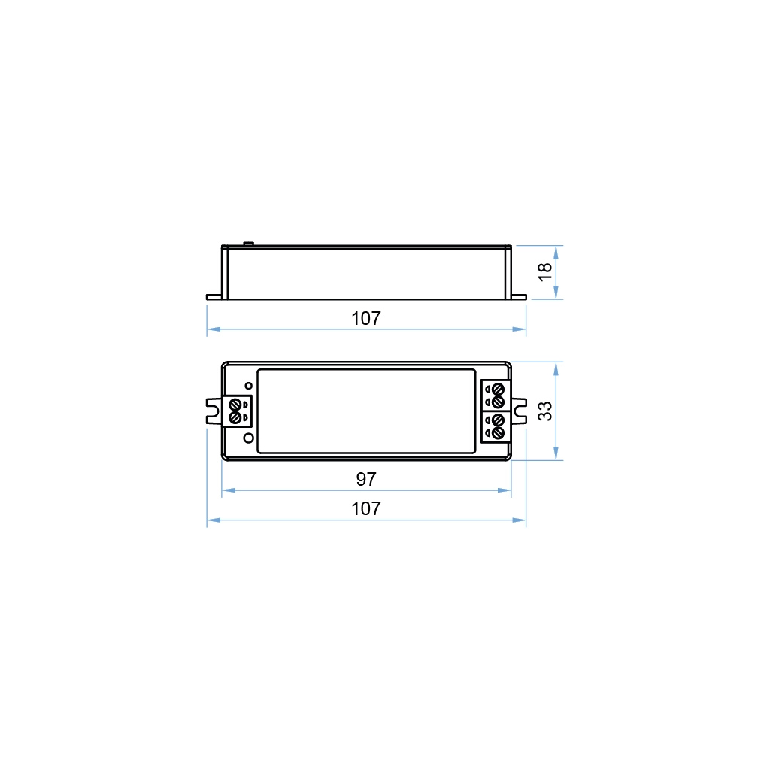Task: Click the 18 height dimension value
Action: pos(547,271)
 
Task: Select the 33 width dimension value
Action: pos(547,411)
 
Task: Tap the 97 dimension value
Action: pos(366,479)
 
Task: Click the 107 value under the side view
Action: pos(366,318)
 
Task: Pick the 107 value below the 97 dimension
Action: pos(366,509)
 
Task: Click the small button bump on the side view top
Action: pos(248,243)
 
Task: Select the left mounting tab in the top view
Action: pos(213,411)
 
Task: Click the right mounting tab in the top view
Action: pos(519,411)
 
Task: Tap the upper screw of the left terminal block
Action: pos(235,404)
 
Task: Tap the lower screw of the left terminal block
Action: pos(235,417)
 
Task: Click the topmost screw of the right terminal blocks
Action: pos(497,389)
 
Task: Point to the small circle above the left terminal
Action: pos(248,386)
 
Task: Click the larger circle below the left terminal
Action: pos(248,437)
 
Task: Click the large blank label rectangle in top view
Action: pos(366,411)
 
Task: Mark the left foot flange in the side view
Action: pos(214,297)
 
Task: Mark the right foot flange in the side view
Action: pos(519,297)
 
